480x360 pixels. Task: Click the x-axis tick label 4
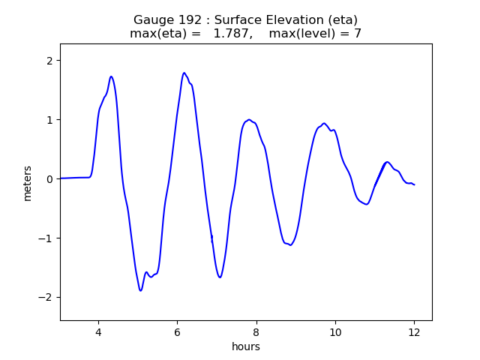click(98, 332)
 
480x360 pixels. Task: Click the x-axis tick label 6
click(177, 332)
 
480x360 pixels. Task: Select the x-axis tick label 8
click(256, 332)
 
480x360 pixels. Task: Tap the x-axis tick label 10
click(335, 332)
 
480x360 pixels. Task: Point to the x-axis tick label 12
click(414, 332)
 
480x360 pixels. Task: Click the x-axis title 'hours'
click(246, 346)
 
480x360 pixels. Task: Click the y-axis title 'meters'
click(28, 183)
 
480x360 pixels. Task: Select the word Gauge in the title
click(153, 20)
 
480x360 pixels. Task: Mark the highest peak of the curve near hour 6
click(184, 73)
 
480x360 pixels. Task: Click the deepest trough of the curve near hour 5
click(140, 290)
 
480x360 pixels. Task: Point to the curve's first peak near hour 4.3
click(111, 76)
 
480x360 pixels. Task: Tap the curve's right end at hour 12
click(414, 184)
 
